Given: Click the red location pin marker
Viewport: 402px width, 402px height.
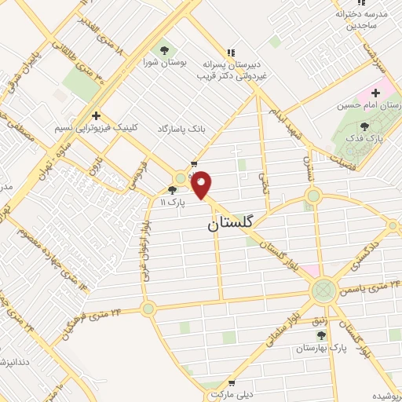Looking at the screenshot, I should [202, 185].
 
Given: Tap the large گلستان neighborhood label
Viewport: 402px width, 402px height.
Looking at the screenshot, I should [232, 223].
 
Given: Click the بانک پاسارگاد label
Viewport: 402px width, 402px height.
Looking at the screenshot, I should [181, 128].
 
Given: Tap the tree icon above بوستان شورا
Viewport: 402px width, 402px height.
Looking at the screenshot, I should [164, 46].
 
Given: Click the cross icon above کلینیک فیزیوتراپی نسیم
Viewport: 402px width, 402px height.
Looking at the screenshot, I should [95, 114].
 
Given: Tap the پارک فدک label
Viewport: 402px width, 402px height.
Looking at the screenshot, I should [364, 138].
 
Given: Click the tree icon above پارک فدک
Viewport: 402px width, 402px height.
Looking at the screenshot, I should [364, 125].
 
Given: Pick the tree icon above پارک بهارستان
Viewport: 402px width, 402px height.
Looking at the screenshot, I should [322, 333].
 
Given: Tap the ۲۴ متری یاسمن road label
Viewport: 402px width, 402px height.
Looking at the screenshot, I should [369, 287].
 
